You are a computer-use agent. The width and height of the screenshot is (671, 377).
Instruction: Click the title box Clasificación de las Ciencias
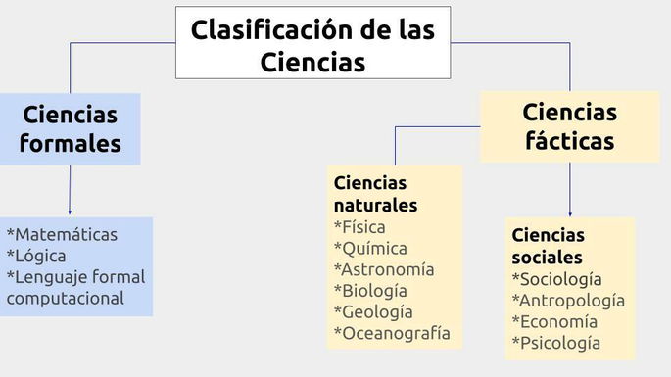tap(312, 44)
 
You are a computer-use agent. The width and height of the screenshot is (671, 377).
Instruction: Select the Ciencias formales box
tap(70, 128)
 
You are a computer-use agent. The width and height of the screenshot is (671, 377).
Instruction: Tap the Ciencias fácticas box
tap(569, 126)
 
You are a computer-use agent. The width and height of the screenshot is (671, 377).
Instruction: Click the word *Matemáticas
tap(62, 235)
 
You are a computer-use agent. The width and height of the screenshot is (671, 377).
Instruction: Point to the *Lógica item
tap(36, 257)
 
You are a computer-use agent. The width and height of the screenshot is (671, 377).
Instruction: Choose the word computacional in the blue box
tap(66, 299)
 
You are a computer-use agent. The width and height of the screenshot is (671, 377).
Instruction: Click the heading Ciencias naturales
tap(375, 194)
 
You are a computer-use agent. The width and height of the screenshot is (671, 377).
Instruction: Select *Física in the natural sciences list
tap(359, 227)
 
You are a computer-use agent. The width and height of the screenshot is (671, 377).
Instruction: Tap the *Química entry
tap(370, 249)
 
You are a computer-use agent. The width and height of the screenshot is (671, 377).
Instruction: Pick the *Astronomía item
tap(384, 269)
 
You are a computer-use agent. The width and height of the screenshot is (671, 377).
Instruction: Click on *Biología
tap(370, 291)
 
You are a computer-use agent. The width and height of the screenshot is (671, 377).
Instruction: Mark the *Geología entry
tap(373, 312)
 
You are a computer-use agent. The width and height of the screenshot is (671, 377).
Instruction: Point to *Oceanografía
tap(392, 334)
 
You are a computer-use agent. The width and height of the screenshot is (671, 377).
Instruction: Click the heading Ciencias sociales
tap(548, 246)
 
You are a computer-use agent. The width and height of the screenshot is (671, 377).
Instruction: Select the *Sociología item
tap(557, 279)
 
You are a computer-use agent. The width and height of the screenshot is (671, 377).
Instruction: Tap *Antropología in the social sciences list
tap(568, 301)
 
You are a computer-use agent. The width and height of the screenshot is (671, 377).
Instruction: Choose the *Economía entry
tap(553, 322)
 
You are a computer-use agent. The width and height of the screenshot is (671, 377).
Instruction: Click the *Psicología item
tap(555, 344)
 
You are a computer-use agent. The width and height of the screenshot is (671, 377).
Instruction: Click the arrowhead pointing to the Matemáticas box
tap(70, 212)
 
